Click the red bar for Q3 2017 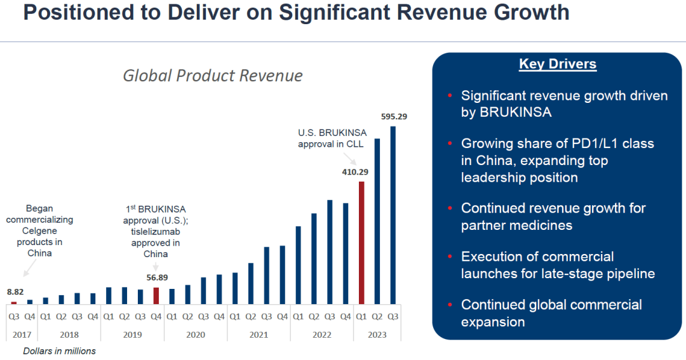tap(14, 303)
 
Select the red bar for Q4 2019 tap(156, 295)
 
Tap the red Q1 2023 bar tap(361, 243)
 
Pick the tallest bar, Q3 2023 tap(393, 215)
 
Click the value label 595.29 tap(394, 116)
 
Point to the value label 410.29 tap(354, 171)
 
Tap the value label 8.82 tap(15, 292)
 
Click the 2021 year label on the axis tap(259, 334)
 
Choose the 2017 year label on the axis tap(22, 334)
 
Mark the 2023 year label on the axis tap(377, 334)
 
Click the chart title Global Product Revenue tap(212, 76)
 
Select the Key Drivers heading tap(557, 64)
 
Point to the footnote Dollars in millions tap(59, 351)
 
